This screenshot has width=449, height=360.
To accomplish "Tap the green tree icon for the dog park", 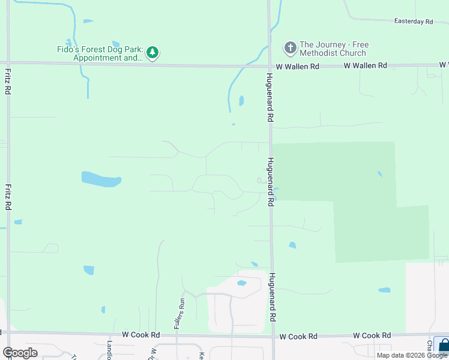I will [x=153, y=53].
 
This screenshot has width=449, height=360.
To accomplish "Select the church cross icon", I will [x=290, y=47].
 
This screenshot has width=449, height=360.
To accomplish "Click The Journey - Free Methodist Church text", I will [x=334, y=49].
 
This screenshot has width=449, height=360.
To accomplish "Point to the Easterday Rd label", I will [x=414, y=22].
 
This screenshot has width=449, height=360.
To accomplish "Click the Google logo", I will [x=20, y=353].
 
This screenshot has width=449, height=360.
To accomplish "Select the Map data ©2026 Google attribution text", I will [x=412, y=355].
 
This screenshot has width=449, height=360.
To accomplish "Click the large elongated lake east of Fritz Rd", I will [x=101, y=179].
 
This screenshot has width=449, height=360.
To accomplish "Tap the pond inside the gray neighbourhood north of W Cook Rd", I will [x=241, y=283].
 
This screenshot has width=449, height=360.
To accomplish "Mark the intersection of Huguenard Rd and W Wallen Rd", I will [x=269, y=65].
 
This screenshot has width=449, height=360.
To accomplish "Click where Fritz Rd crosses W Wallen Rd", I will [x=8, y=62].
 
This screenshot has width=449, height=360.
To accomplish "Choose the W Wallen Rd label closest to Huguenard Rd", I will [x=297, y=67].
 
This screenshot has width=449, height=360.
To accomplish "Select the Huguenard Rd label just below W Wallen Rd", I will [x=270, y=98].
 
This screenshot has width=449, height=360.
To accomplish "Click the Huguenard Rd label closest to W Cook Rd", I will [x=272, y=296].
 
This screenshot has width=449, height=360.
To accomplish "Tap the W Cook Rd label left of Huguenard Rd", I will [x=142, y=334].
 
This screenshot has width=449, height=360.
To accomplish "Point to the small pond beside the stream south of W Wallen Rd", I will [x=241, y=101].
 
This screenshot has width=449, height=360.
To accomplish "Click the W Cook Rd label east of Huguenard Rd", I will [x=372, y=335].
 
